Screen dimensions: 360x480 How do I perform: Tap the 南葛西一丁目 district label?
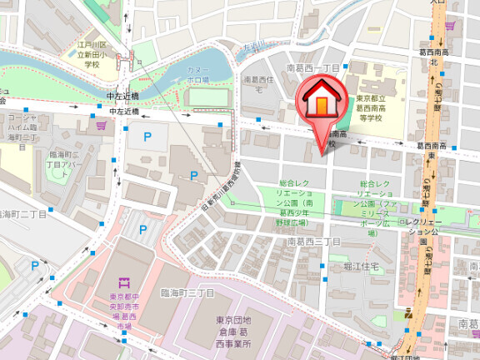pyautogui.click(x=313, y=67)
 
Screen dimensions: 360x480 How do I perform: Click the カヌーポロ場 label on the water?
pyautogui.click(x=198, y=76)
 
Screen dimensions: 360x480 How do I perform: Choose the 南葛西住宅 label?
pyautogui.click(x=258, y=85)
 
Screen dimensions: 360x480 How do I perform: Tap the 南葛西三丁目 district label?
pyautogui.click(x=314, y=241)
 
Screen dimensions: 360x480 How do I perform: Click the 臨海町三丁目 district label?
pyautogui.click(x=187, y=293)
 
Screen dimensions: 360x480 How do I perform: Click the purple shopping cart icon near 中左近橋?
pyautogui.click(x=101, y=127)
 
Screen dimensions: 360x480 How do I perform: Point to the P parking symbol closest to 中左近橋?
pyautogui.click(x=147, y=136)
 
